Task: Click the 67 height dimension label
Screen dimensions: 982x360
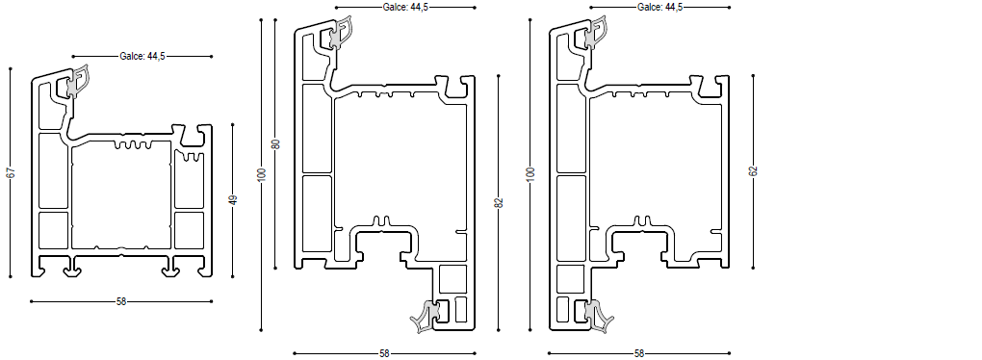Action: [x=10, y=172]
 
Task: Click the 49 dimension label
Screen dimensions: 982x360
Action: [x=233, y=200]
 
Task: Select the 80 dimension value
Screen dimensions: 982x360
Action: [x=275, y=143]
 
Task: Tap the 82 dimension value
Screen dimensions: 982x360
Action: [x=499, y=202]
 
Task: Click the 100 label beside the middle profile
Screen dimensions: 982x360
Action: [x=263, y=174]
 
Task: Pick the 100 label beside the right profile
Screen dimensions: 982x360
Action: [x=530, y=174]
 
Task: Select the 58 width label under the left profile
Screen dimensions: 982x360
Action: [x=121, y=301]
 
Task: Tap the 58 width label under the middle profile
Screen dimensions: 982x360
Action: [x=384, y=353]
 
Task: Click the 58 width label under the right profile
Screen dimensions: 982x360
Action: [x=639, y=353]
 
